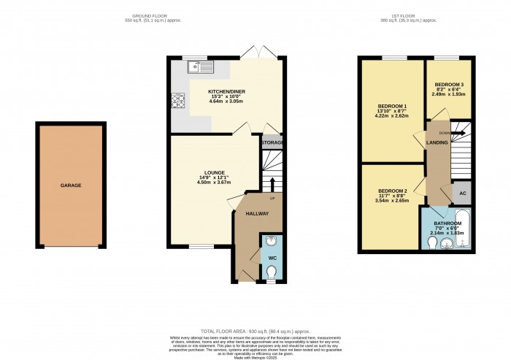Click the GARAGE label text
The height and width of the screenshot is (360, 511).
71,185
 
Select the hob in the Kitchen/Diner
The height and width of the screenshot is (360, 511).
177,102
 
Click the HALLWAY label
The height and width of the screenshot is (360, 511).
257,214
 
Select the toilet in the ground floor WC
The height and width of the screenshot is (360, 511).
272,273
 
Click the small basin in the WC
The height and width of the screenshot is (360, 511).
271,242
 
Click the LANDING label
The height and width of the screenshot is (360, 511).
437,142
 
